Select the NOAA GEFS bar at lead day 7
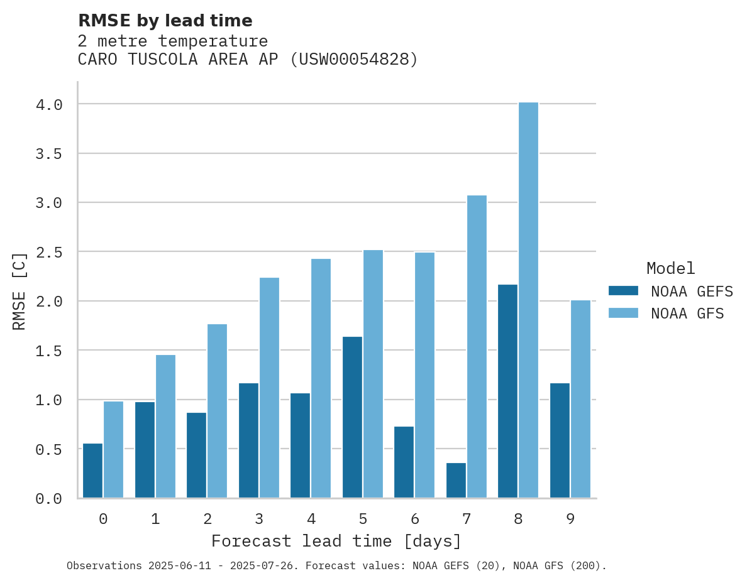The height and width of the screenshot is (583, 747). pyautogui.click(x=456, y=481)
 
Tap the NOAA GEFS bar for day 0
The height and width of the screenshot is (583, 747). pyautogui.click(x=92, y=471)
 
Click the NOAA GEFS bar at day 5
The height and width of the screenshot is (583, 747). pyautogui.click(x=352, y=417)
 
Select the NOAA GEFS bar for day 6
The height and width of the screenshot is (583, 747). pyautogui.click(x=404, y=462)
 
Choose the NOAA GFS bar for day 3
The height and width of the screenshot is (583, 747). pyautogui.click(x=269, y=388)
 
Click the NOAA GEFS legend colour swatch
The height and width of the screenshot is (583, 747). pyautogui.click(x=623, y=291)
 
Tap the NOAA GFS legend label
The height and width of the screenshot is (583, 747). pyautogui.click(x=687, y=313)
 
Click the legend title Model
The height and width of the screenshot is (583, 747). pyautogui.click(x=670, y=268)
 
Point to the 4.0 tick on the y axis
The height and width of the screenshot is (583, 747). pyautogui.click(x=49, y=104)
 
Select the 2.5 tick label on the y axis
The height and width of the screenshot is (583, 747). pyautogui.click(x=49, y=252)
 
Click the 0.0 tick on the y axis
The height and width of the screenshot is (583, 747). pyautogui.click(x=49, y=499)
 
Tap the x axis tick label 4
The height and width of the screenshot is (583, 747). pyautogui.click(x=311, y=519)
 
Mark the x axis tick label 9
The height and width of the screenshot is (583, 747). pyautogui.click(x=570, y=519)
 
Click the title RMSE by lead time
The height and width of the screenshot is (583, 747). pyautogui.click(x=165, y=21)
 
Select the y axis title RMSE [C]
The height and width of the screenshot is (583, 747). pyautogui.click(x=19, y=291)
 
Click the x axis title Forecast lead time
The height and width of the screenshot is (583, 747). pyautogui.click(x=336, y=541)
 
